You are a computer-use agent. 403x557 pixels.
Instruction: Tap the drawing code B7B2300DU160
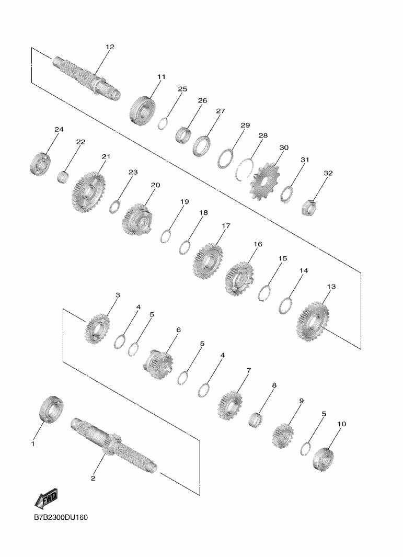[61, 517]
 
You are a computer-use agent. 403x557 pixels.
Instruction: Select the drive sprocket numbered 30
[265, 181]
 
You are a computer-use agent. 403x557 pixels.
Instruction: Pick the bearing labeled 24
[40, 163]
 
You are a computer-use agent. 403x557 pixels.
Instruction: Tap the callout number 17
[226, 225]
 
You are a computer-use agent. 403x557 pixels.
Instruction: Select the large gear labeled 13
[313, 321]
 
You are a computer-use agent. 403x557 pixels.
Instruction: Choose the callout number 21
[106, 156]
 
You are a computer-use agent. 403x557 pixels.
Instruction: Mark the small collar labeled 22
[63, 177]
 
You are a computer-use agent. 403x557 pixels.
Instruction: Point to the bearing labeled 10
[324, 460]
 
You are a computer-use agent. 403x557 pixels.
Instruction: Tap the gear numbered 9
[283, 436]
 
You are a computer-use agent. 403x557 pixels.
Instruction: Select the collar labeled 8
[256, 420]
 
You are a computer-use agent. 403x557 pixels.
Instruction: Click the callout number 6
[178, 330]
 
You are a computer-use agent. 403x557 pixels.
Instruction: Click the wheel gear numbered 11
[142, 110]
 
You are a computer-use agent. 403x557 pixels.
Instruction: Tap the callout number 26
[202, 100]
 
